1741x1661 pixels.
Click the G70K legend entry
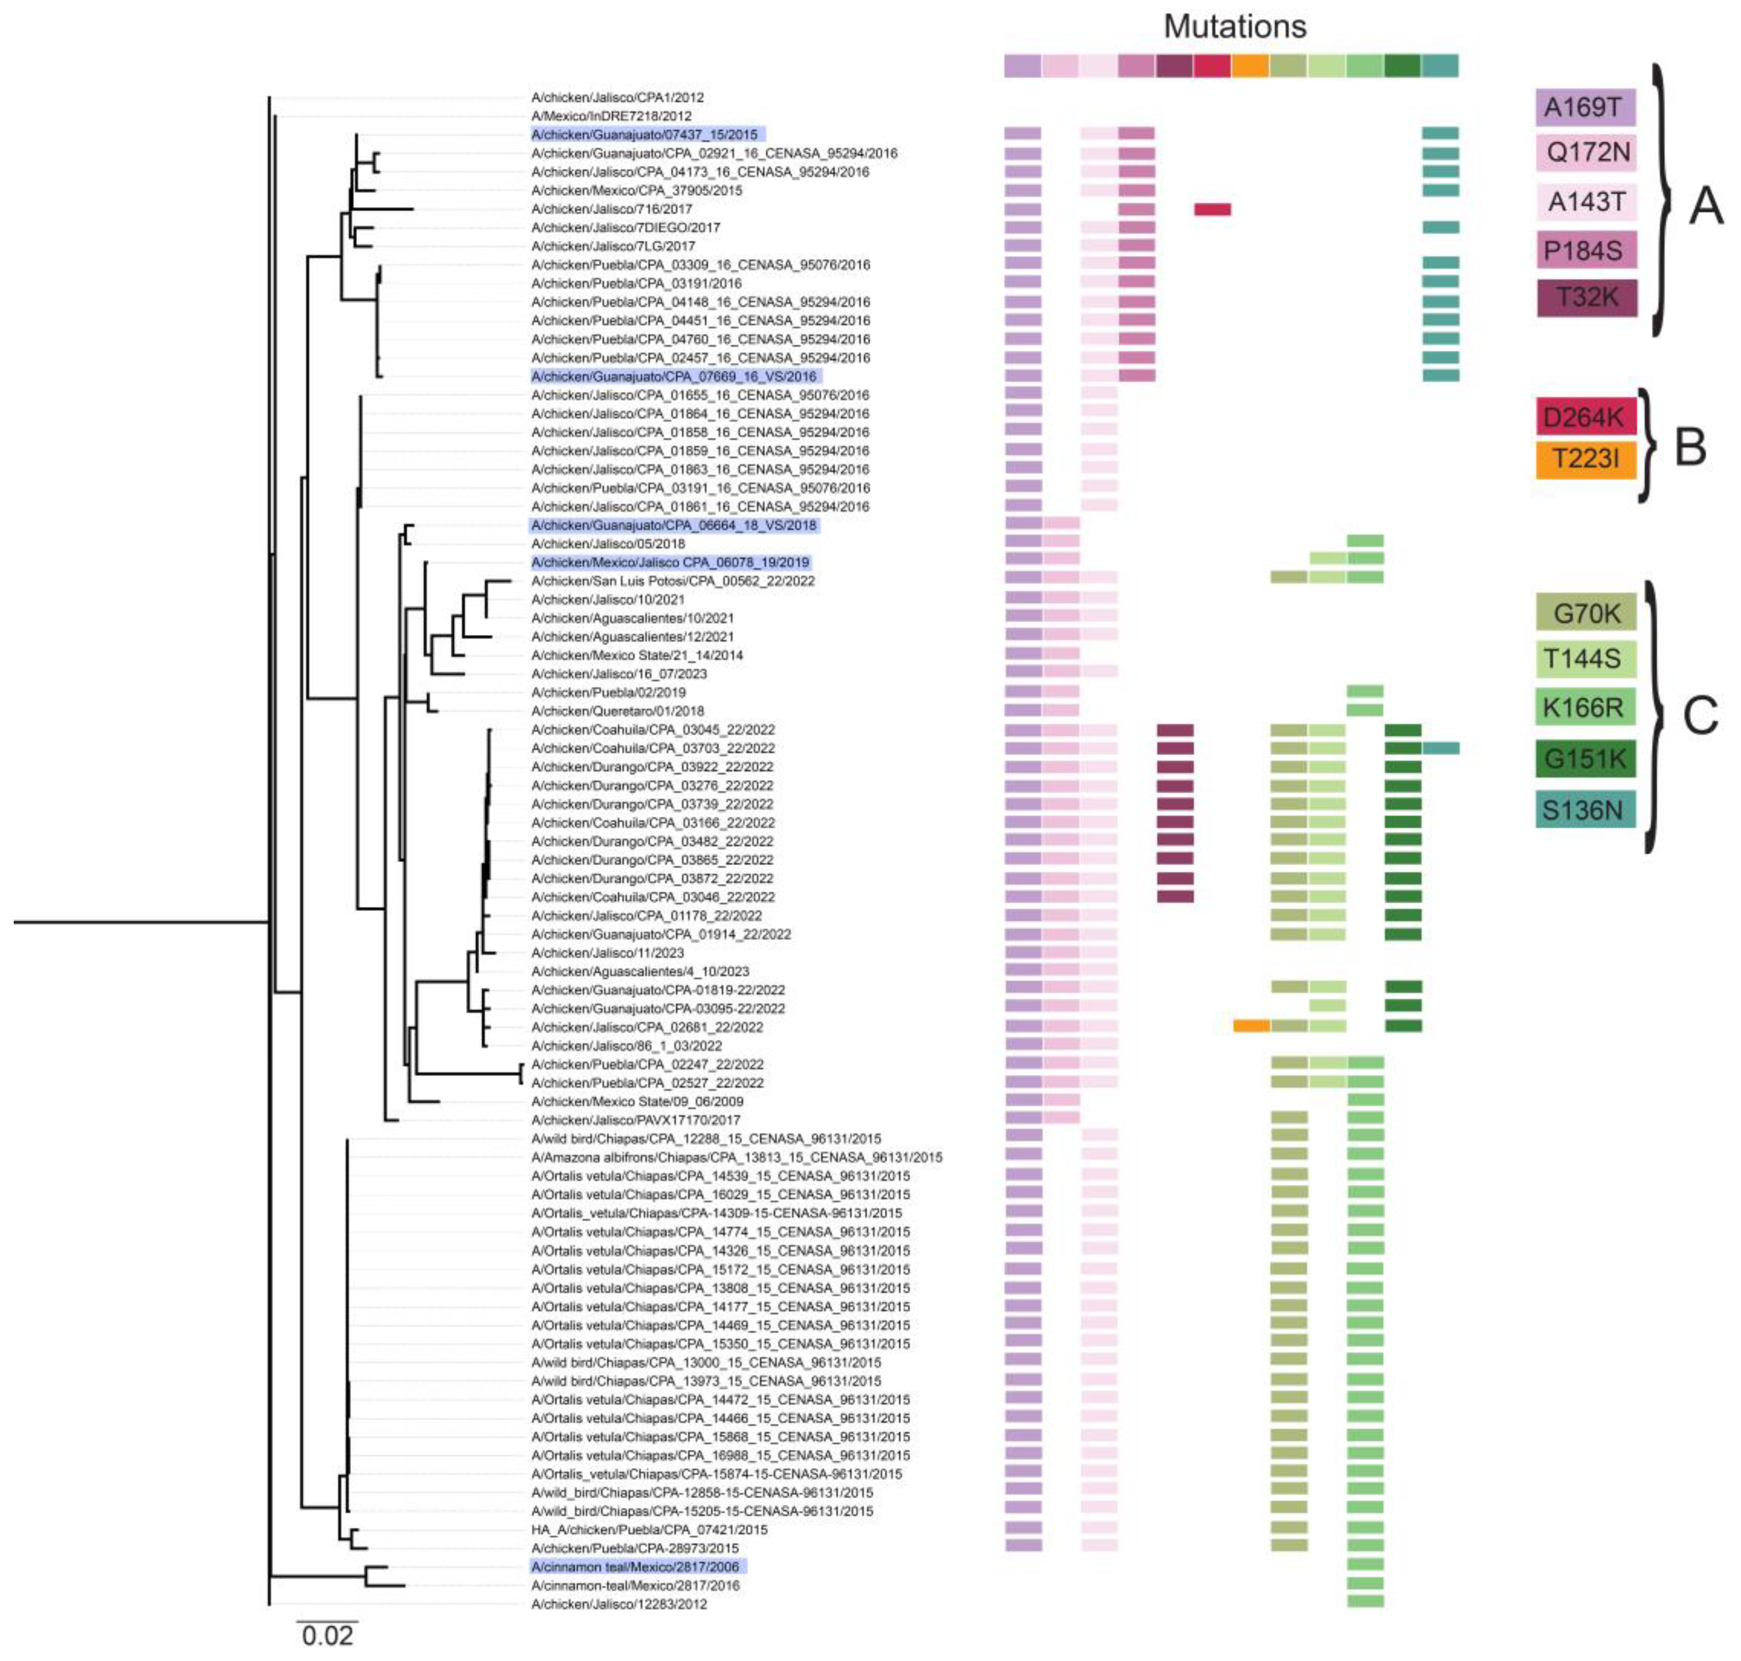tap(1585, 612)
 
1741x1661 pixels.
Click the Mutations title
tap(1234, 26)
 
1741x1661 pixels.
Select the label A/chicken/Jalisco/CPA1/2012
tap(617, 97)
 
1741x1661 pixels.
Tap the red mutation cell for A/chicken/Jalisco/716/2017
tap(1212, 209)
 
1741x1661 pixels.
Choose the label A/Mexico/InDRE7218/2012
tap(611, 116)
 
